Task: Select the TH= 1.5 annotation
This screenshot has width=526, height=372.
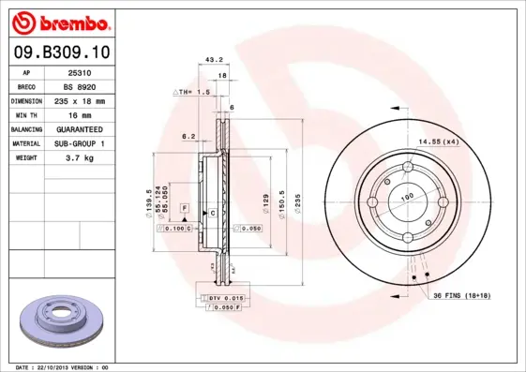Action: tap(192, 93)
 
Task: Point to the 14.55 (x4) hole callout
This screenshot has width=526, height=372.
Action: tap(437, 141)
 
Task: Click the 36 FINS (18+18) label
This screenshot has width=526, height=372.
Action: tap(460, 297)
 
